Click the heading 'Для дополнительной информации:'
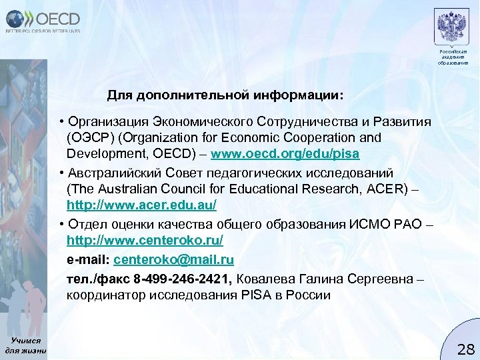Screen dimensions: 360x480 [226, 95]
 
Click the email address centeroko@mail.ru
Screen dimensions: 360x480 [174, 258]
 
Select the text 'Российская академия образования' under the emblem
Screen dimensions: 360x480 [453, 57]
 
